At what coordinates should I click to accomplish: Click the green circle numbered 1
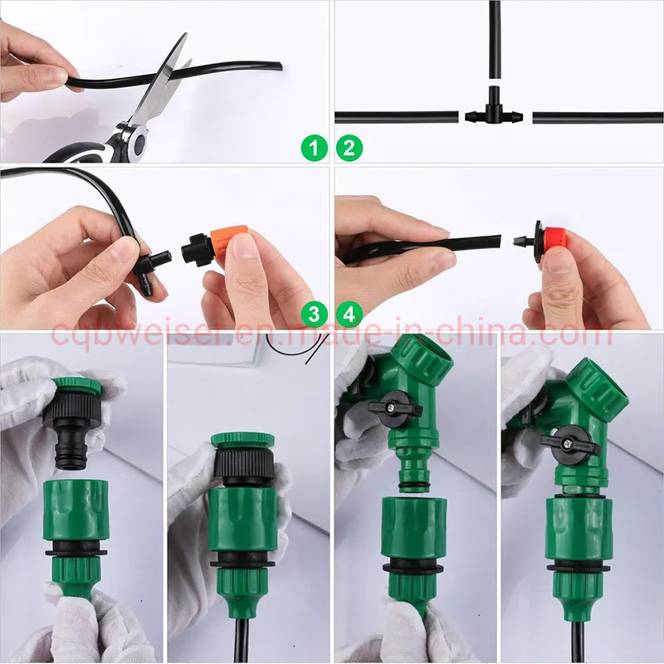tap(313, 149)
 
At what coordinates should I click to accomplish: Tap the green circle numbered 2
tap(349, 149)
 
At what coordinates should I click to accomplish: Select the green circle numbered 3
tap(313, 314)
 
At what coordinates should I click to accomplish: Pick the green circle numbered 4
tap(349, 314)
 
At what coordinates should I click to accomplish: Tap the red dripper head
tap(550, 237)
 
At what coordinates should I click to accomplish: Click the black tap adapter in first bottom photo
tap(77, 423)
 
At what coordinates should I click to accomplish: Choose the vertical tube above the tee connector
tap(495, 41)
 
